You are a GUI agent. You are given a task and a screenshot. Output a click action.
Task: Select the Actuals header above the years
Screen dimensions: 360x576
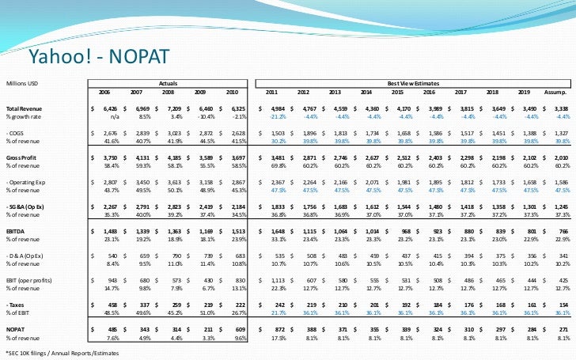pyautogui.click(x=168, y=82)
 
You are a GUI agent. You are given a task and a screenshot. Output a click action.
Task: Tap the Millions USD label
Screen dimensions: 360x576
pyautogui.click(x=23, y=82)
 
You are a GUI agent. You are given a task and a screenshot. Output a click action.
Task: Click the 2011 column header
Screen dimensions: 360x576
pyautogui.click(x=271, y=92)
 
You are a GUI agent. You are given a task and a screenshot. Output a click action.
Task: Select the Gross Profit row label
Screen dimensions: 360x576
pyautogui.click(x=22, y=158)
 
